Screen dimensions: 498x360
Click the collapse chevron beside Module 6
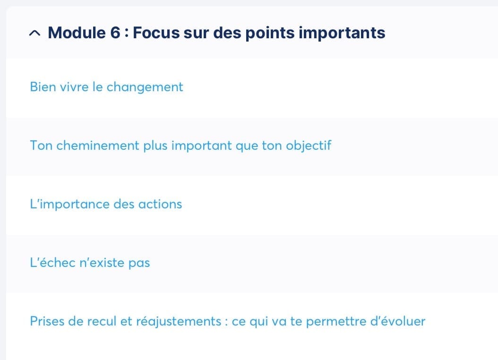pyautogui.click(x=34, y=33)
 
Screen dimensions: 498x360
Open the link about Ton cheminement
pyautogui.click(x=180, y=146)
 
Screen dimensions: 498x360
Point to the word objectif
pyautogui.click(x=309, y=146)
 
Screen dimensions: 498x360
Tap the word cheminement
pyautogui.click(x=98, y=146)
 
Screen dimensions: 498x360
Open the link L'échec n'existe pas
pyautogui.click(x=90, y=263)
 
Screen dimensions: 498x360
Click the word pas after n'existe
pyautogui.click(x=139, y=264)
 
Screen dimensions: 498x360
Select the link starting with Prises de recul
pyautogui.click(x=227, y=321)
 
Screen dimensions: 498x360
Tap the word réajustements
pyautogui.click(x=179, y=321)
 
